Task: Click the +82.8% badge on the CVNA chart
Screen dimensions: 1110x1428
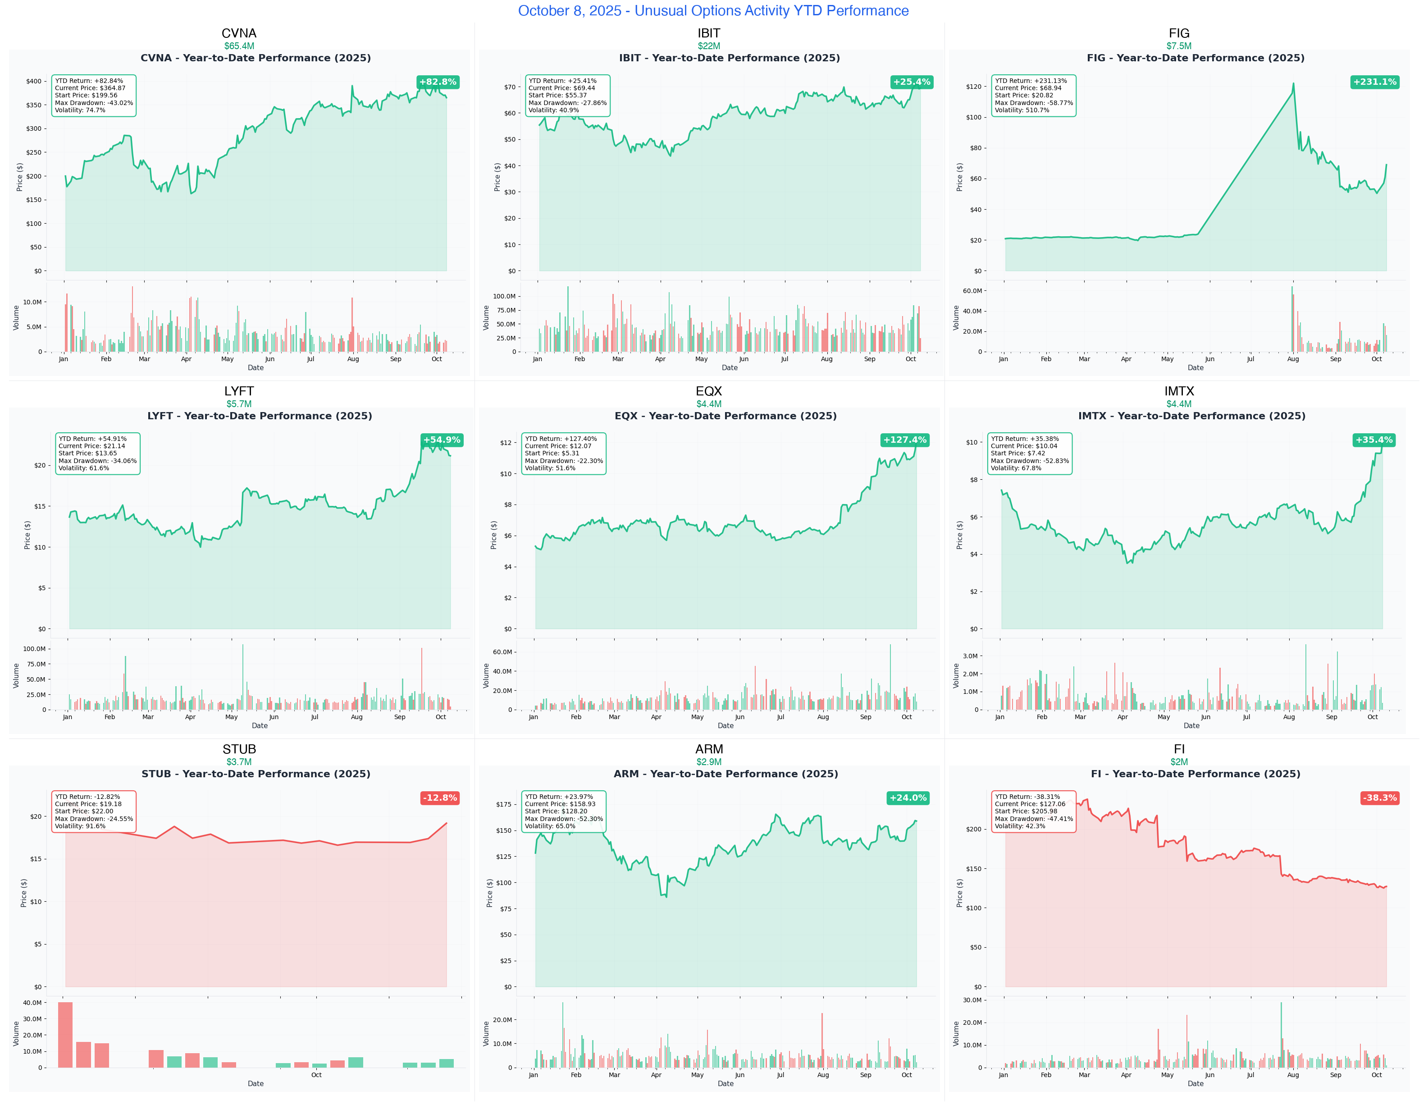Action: tap(438, 82)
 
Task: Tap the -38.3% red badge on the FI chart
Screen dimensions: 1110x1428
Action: tap(1380, 798)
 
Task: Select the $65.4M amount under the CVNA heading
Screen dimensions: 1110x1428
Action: tap(239, 46)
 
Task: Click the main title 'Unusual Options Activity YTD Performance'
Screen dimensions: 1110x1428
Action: tap(713, 10)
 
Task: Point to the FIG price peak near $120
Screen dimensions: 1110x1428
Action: tap(1293, 84)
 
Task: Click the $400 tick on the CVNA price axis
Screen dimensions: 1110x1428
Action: tap(33, 81)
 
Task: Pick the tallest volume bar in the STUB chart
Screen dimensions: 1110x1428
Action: tap(65, 1034)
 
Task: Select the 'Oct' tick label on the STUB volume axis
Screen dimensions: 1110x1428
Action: tap(316, 1075)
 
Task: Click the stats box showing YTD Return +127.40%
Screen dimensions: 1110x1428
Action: tap(564, 453)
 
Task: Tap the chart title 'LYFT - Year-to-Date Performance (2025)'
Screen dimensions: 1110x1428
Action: tap(260, 416)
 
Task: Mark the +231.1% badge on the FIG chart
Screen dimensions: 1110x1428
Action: tap(1374, 82)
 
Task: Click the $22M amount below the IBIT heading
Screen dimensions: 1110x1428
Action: tap(709, 46)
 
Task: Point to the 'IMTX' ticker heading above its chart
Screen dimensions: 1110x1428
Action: tap(1179, 391)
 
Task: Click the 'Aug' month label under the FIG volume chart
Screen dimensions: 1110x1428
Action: tap(1293, 359)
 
